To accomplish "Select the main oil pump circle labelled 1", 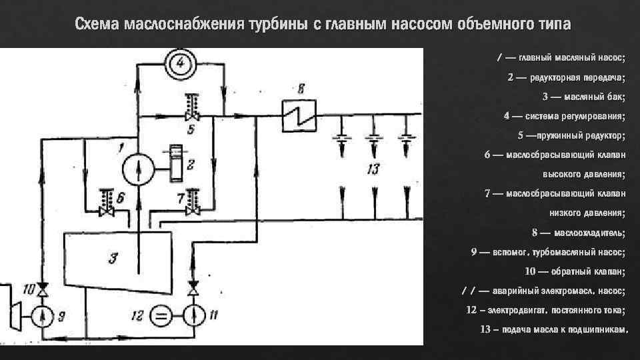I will [x=137, y=167].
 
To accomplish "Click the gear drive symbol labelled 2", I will [x=177, y=163].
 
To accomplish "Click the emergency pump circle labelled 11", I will [x=193, y=314].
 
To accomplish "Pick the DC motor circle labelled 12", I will [x=159, y=314].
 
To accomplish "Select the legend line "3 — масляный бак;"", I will [x=583, y=97].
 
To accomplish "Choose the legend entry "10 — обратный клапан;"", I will [x=575, y=271].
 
